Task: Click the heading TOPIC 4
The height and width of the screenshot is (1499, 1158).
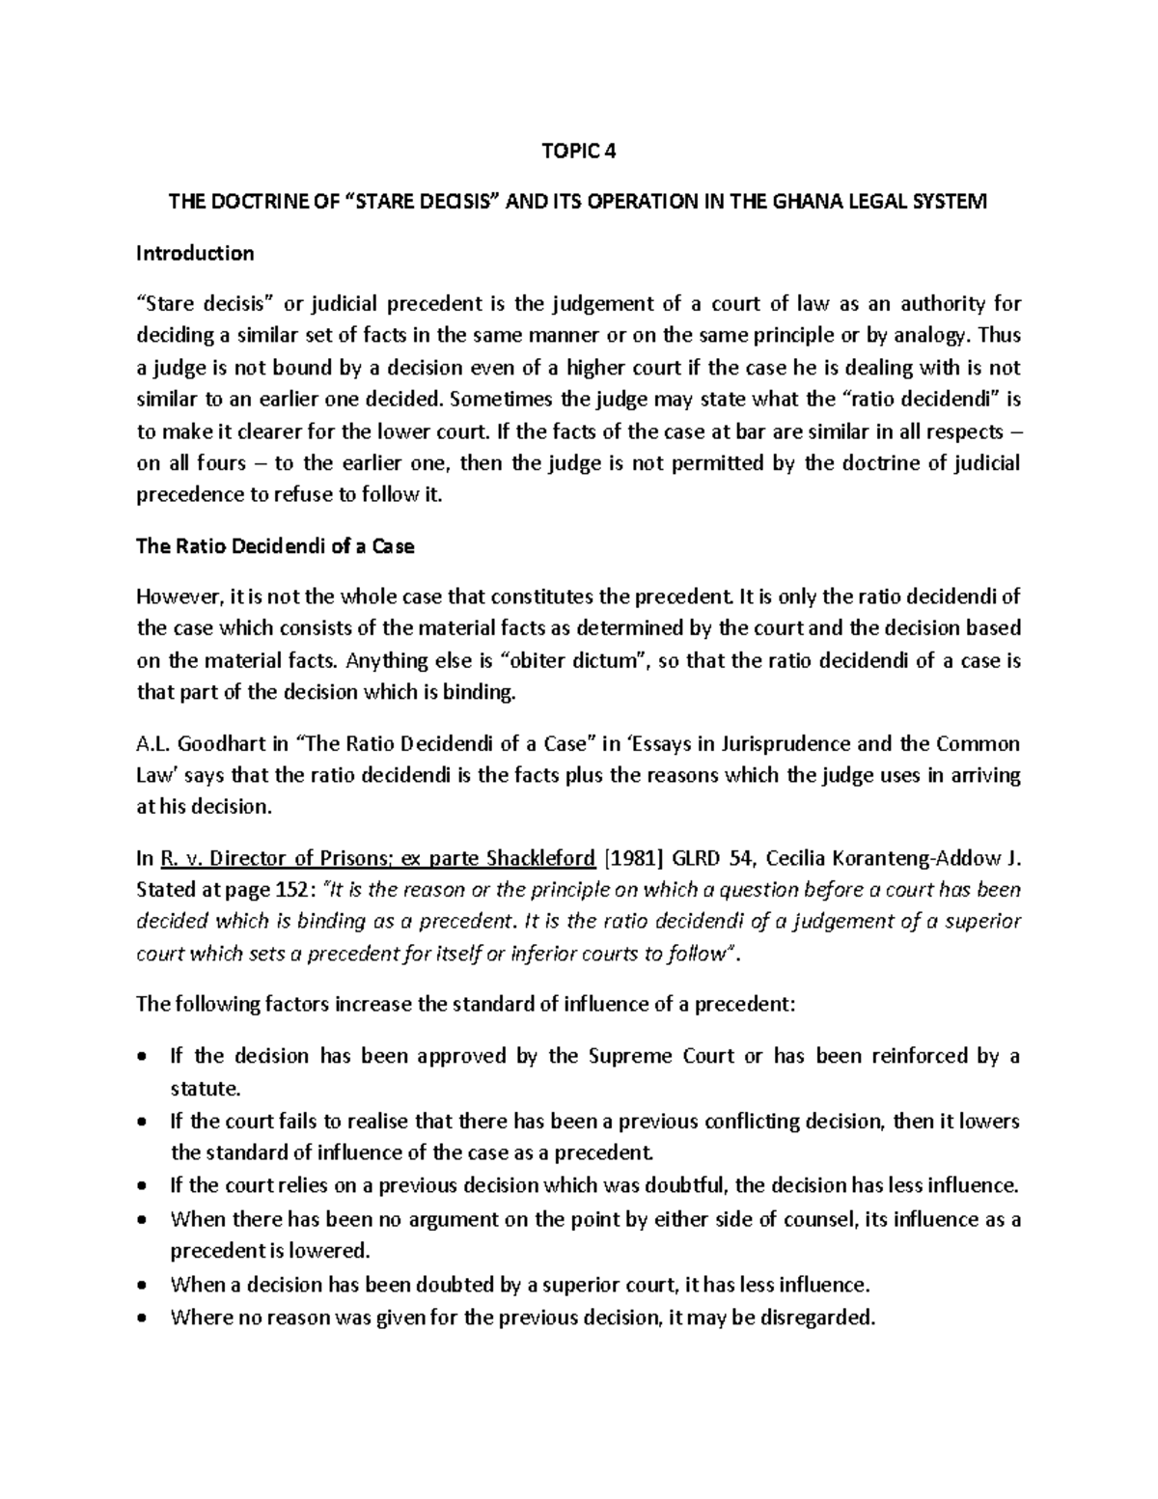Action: [x=578, y=152]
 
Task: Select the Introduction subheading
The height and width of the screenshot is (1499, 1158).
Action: [x=195, y=254]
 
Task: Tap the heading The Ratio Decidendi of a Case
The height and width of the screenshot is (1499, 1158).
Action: [x=275, y=546]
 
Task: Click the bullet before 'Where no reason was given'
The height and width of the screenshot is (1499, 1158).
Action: [x=144, y=1318]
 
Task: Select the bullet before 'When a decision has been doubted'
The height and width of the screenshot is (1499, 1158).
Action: [x=144, y=1285]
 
